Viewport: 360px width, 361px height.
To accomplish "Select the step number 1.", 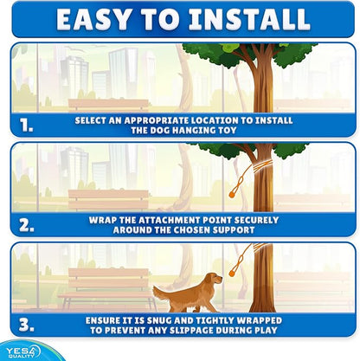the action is (26, 126).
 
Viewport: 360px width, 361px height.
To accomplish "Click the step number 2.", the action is (27, 226).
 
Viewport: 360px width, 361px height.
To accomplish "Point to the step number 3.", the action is (27, 325).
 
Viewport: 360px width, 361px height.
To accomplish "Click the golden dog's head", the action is (215, 279).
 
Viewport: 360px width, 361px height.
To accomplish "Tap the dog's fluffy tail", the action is (160, 293).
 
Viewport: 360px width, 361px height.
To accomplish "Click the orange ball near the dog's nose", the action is (231, 273).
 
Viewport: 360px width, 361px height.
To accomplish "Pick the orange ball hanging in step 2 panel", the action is (231, 195).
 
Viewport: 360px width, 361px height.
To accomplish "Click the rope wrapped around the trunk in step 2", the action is (261, 166).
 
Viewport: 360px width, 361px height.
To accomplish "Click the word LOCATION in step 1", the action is (215, 120).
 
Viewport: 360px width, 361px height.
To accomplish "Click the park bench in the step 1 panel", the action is (108, 105).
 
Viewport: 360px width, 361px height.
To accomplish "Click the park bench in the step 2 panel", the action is (108, 201).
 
